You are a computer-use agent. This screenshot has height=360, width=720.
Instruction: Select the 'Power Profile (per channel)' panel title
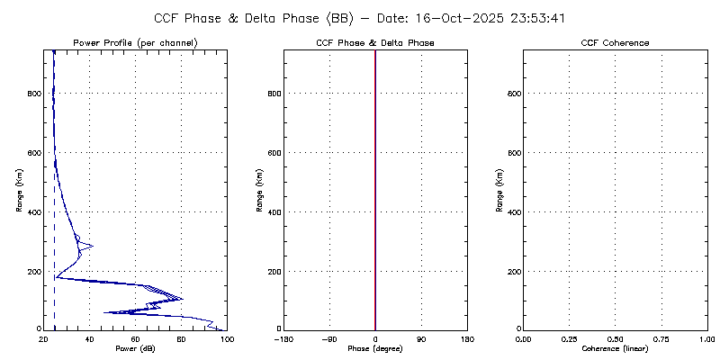pyautogui.click(x=135, y=43)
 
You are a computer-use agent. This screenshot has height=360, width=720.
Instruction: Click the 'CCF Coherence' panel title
pyautogui.click(x=616, y=43)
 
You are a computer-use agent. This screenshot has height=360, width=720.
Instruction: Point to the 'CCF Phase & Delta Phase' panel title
pyautogui.click(x=375, y=43)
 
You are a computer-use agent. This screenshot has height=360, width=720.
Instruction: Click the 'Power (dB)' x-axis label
pyautogui.click(x=135, y=347)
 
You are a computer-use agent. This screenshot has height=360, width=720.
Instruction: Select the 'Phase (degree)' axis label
pyautogui.click(x=375, y=347)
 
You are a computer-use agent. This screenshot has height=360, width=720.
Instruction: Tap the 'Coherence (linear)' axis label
pyautogui.click(x=616, y=347)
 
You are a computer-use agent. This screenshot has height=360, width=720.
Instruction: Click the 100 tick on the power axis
pyautogui.click(x=227, y=338)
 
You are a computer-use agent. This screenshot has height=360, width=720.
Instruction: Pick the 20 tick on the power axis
pyautogui.click(x=43, y=338)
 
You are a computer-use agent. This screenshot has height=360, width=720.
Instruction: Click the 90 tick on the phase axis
pyautogui.click(x=421, y=338)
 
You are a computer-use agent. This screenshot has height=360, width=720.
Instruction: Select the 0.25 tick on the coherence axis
pyautogui.click(x=569, y=338)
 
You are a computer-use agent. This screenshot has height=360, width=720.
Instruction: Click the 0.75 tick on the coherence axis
pyautogui.click(x=661, y=338)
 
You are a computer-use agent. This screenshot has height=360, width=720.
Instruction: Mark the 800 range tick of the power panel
pyautogui.click(x=33, y=94)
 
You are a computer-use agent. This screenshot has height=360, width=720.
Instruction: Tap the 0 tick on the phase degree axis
pyautogui.click(x=375, y=338)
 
